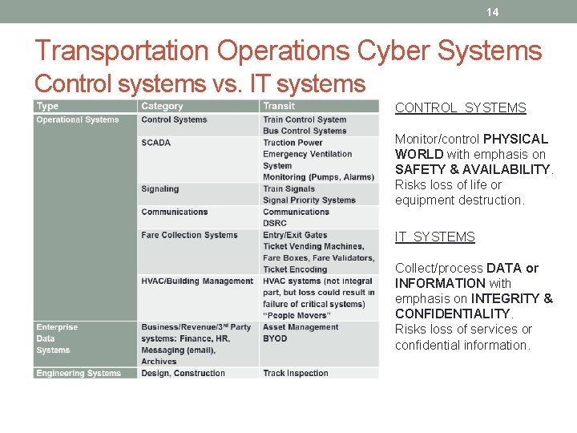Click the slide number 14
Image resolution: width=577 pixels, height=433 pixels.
(x=492, y=12)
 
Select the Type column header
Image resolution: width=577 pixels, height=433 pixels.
(x=47, y=106)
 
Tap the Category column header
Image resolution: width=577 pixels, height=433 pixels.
(x=162, y=106)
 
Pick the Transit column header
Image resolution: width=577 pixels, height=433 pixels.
(x=279, y=106)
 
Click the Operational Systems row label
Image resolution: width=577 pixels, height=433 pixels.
(x=77, y=120)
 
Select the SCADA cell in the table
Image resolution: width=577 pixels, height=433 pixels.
(x=155, y=143)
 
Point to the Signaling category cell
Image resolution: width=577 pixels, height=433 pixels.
(x=159, y=189)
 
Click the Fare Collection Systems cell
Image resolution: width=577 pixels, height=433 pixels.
(x=189, y=235)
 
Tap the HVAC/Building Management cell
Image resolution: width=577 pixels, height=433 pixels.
(x=196, y=281)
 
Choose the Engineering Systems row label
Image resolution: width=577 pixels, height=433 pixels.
(x=79, y=373)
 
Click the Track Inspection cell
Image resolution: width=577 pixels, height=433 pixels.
(x=296, y=373)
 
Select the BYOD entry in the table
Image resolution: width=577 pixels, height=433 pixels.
(x=275, y=338)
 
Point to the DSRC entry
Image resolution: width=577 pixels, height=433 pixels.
(x=275, y=224)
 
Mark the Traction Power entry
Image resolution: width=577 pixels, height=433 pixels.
(x=293, y=143)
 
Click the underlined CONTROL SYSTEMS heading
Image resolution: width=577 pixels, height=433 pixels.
(x=460, y=108)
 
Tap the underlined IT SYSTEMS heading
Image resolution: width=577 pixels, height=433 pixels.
(x=434, y=237)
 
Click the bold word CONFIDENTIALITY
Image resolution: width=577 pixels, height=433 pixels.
(x=452, y=314)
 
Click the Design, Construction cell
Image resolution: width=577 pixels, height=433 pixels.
(x=183, y=373)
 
